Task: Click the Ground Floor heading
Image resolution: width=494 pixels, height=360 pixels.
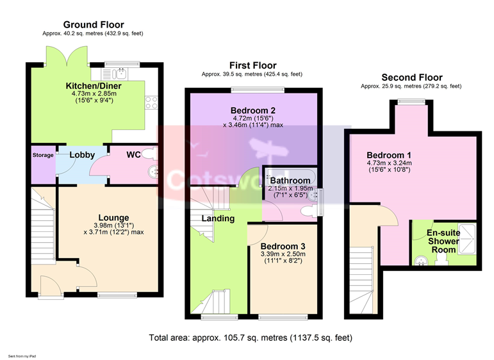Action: pos(94,24)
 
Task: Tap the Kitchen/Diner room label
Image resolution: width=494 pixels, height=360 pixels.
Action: pos(94,86)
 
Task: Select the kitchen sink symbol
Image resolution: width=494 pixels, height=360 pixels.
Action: pos(114,74)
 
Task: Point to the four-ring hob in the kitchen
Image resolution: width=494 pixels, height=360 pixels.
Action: pos(151,102)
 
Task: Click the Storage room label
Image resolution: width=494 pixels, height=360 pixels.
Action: pos(43,155)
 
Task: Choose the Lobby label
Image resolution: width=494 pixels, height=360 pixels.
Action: pos(82,155)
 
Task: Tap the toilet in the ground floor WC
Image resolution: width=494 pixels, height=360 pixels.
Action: pos(150,154)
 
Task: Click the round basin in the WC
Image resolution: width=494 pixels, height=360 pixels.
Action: pos(153,172)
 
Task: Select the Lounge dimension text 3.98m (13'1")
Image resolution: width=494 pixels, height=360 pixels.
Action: pos(114,225)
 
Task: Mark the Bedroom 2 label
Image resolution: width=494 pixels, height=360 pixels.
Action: pos(253,111)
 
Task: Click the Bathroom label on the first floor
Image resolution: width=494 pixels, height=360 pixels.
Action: pos(290,181)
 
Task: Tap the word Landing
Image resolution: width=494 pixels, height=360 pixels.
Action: pos(218,218)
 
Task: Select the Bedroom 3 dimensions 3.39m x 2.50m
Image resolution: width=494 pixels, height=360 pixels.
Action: pos(283,254)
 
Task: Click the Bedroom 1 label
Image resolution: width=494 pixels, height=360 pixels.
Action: pos(389,155)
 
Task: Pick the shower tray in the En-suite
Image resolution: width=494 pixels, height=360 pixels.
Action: pos(467,238)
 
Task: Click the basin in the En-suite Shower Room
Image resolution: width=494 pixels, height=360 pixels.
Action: pos(421,261)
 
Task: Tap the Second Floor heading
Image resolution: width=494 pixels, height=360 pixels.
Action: pos(412,78)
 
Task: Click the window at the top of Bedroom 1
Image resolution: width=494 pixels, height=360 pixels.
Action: pos(411,101)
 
